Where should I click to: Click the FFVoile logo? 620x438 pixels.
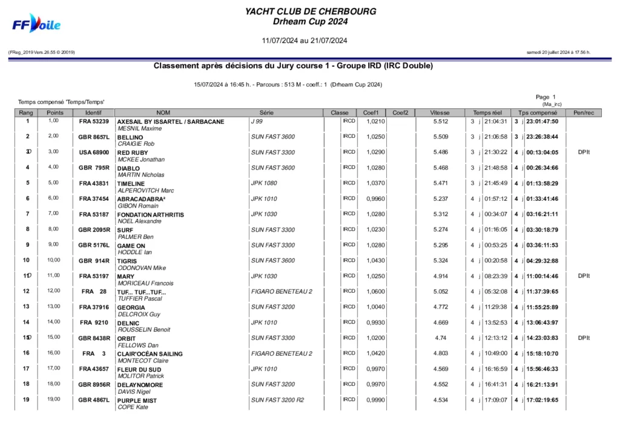point(37,24)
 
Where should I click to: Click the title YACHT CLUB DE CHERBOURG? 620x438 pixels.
point(311,11)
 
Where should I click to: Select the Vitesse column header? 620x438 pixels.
point(440,113)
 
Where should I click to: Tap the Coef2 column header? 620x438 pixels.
point(400,113)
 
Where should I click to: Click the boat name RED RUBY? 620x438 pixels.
point(133,152)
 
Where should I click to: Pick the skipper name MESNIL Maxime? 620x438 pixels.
point(139,129)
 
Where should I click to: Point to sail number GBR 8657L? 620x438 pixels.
point(94,137)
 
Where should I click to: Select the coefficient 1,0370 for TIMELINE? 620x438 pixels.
point(375,183)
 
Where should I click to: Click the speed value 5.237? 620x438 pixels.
point(441,198)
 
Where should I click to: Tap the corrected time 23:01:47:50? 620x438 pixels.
point(542,122)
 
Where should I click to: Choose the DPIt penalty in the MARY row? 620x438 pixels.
point(584,276)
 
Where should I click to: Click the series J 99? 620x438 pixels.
point(257,122)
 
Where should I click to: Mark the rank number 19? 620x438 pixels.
point(27,399)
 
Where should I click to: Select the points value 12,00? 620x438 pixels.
point(54,291)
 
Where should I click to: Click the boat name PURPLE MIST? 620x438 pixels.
point(137,400)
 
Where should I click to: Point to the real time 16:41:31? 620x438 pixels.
point(495,384)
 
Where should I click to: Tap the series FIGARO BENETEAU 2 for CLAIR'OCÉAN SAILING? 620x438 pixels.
point(282,353)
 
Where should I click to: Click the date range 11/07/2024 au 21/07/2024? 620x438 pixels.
point(304,41)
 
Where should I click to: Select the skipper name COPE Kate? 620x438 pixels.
point(133,407)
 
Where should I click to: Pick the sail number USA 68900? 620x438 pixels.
point(94,152)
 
